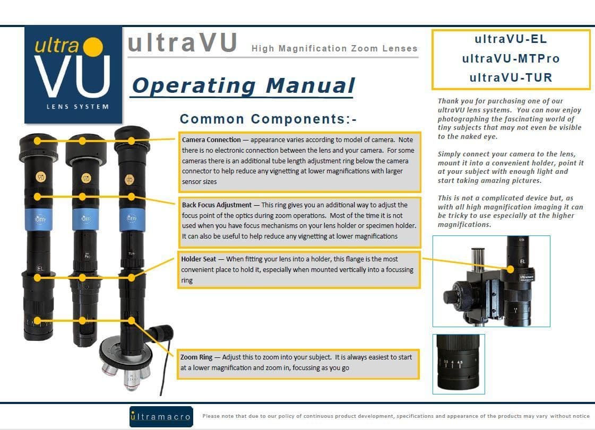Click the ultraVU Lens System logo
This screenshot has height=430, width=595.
(x=73, y=75)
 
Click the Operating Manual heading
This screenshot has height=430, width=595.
(x=243, y=86)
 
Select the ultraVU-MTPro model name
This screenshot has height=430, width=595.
(x=511, y=58)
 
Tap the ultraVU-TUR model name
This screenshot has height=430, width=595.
(x=511, y=78)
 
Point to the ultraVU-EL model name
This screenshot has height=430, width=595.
(x=511, y=39)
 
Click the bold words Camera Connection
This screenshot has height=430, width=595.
(x=211, y=140)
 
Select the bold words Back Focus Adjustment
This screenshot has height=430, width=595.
(x=217, y=205)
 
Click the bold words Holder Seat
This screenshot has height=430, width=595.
(x=199, y=259)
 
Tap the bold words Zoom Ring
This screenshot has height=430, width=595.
(x=196, y=357)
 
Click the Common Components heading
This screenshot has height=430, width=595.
(x=268, y=119)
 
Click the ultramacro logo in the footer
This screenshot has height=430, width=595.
(x=161, y=417)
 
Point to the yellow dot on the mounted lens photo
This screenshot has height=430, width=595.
(x=511, y=269)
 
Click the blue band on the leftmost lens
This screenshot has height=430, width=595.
(x=39, y=219)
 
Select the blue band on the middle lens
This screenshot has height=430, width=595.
(x=85, y=219)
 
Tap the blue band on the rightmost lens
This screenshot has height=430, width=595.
(x=132, y=219)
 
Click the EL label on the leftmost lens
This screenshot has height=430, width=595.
(x=40, y=268)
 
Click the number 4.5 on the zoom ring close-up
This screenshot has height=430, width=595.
(x=460, y=363)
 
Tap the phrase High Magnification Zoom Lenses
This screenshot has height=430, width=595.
(x=334, y=49)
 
